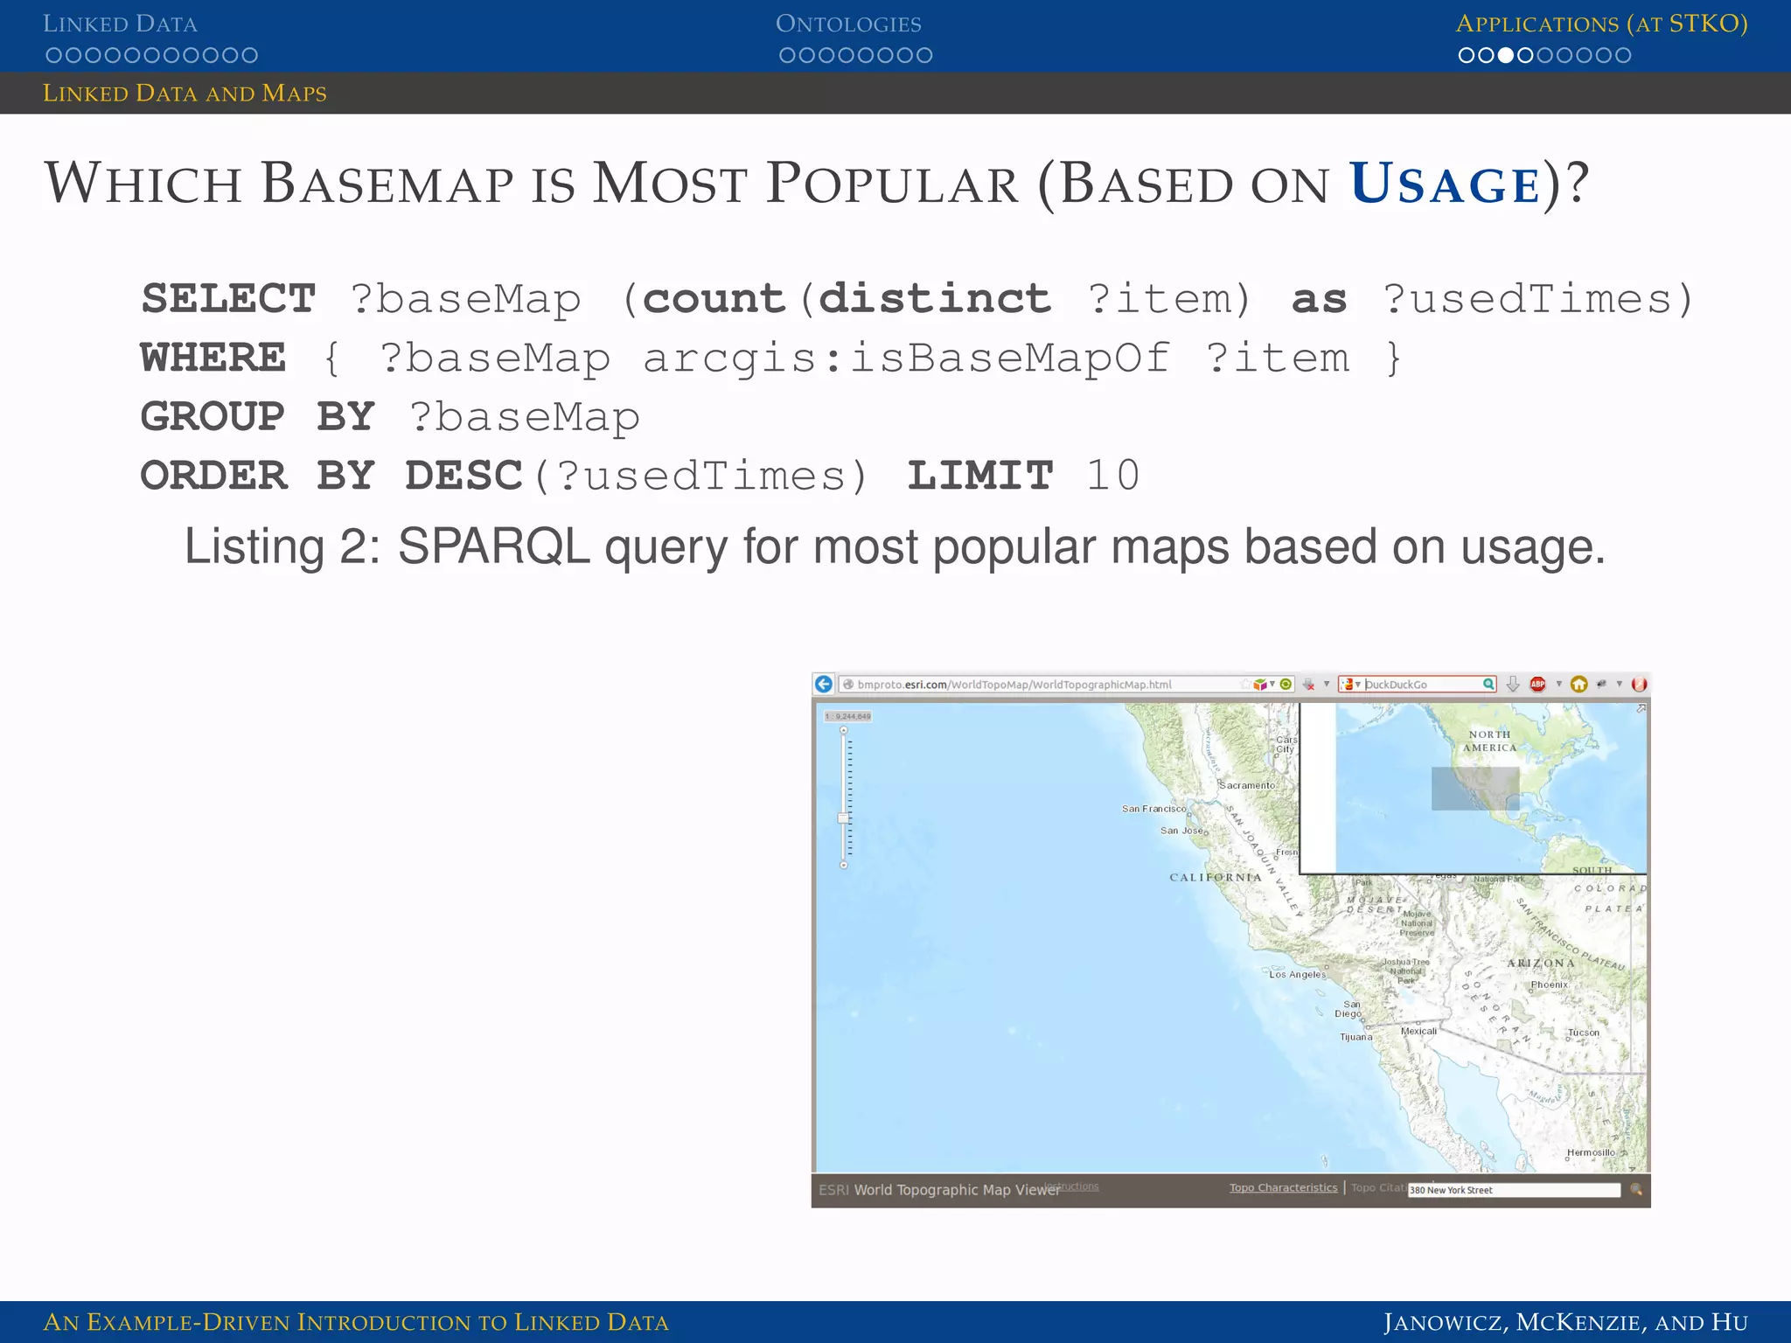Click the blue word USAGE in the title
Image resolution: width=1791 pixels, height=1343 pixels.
(1445, 185)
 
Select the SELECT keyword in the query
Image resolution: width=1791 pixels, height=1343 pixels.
(228, 299)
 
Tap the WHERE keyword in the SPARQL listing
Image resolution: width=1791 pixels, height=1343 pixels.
(213, 358)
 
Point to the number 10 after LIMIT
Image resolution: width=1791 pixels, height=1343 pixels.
(1112, 477)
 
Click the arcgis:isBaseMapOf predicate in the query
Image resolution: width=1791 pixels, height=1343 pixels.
(906, 358)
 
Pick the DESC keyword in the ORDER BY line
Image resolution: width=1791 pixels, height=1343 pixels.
(463, 477)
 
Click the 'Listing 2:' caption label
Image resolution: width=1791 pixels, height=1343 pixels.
(282, 547)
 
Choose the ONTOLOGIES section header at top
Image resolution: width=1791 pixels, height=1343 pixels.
(848, 24)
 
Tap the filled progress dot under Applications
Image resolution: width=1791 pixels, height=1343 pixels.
(1505, 56)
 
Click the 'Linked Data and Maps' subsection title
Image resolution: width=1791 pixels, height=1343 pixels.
(185, 94)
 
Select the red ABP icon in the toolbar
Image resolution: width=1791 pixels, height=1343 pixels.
(1537, 685)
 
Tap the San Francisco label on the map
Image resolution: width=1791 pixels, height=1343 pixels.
(1153, 809)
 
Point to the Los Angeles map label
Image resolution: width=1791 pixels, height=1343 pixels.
(1298, 974)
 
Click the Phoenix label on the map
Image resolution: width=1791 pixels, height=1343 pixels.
(1549, 985)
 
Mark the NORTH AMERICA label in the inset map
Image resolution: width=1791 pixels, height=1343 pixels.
(1489, 741)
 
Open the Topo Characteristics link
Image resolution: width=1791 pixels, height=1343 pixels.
(1283, 1187)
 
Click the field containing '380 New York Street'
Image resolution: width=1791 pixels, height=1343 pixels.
(1513, 1190)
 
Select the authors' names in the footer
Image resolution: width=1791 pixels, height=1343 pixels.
(1565, 1322)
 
